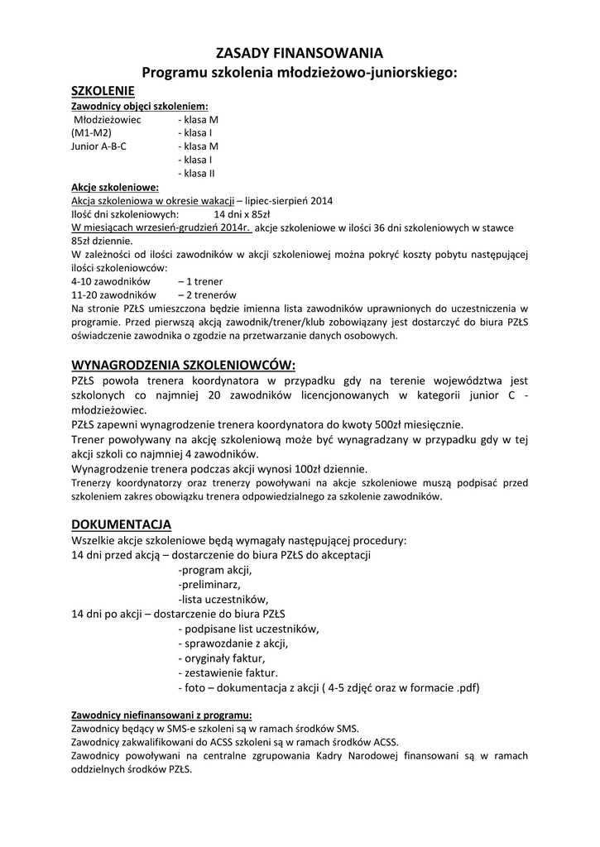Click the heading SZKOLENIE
click(103, 90)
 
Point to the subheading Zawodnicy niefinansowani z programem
click(161, 715)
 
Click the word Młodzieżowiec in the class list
click(108, 119)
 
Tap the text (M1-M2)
click(92, 132)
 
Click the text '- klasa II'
click(196, 173)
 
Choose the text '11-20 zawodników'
click(113, 294)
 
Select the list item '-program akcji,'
click(215, 570)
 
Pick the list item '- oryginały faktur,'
click(222, 658)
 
